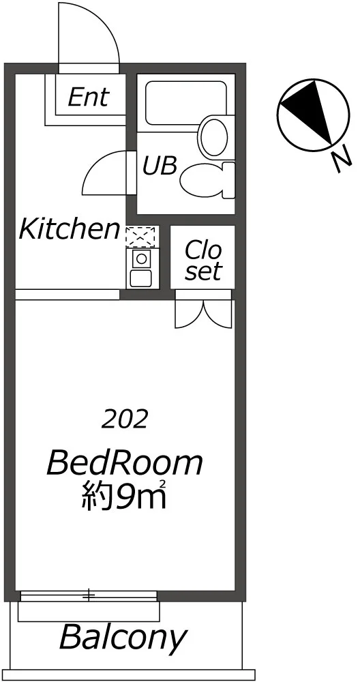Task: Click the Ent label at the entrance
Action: tap(89, 97)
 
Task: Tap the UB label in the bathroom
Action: tap(160, 166)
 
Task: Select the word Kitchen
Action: tap(69, 229)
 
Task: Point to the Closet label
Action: tap(202, 260)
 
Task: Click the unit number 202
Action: tap(125, 419)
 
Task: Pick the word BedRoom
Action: tap(125, 463)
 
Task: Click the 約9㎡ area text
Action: tap(125, 494)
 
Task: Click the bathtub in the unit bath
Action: tap(186, 103)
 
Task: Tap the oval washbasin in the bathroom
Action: tap(213, 136)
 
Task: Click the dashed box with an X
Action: tap(140, 237)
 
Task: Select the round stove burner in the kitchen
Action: tap(141, 258)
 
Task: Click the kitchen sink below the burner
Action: tap(141, 278)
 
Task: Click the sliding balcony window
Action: tap(89, 595)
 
